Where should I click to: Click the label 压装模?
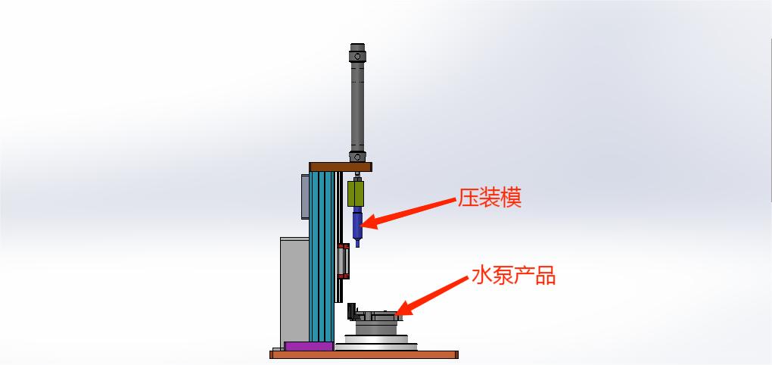click(489, 199)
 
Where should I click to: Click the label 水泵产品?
click(513, 276)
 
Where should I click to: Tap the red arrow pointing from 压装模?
click(409, 212)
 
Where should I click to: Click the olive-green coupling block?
click(356, 193)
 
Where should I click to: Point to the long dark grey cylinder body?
click(358, 106)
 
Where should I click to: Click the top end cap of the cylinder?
click(358, 56)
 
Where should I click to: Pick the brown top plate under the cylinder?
click(340, 167)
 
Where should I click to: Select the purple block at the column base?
click(307, 346)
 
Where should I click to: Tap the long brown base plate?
click(364, 354)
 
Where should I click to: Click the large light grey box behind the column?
click(294, 288)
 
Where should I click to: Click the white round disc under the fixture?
click(376, 342)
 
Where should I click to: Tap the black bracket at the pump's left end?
click(352, 311)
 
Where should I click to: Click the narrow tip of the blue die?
click(356, 243)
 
